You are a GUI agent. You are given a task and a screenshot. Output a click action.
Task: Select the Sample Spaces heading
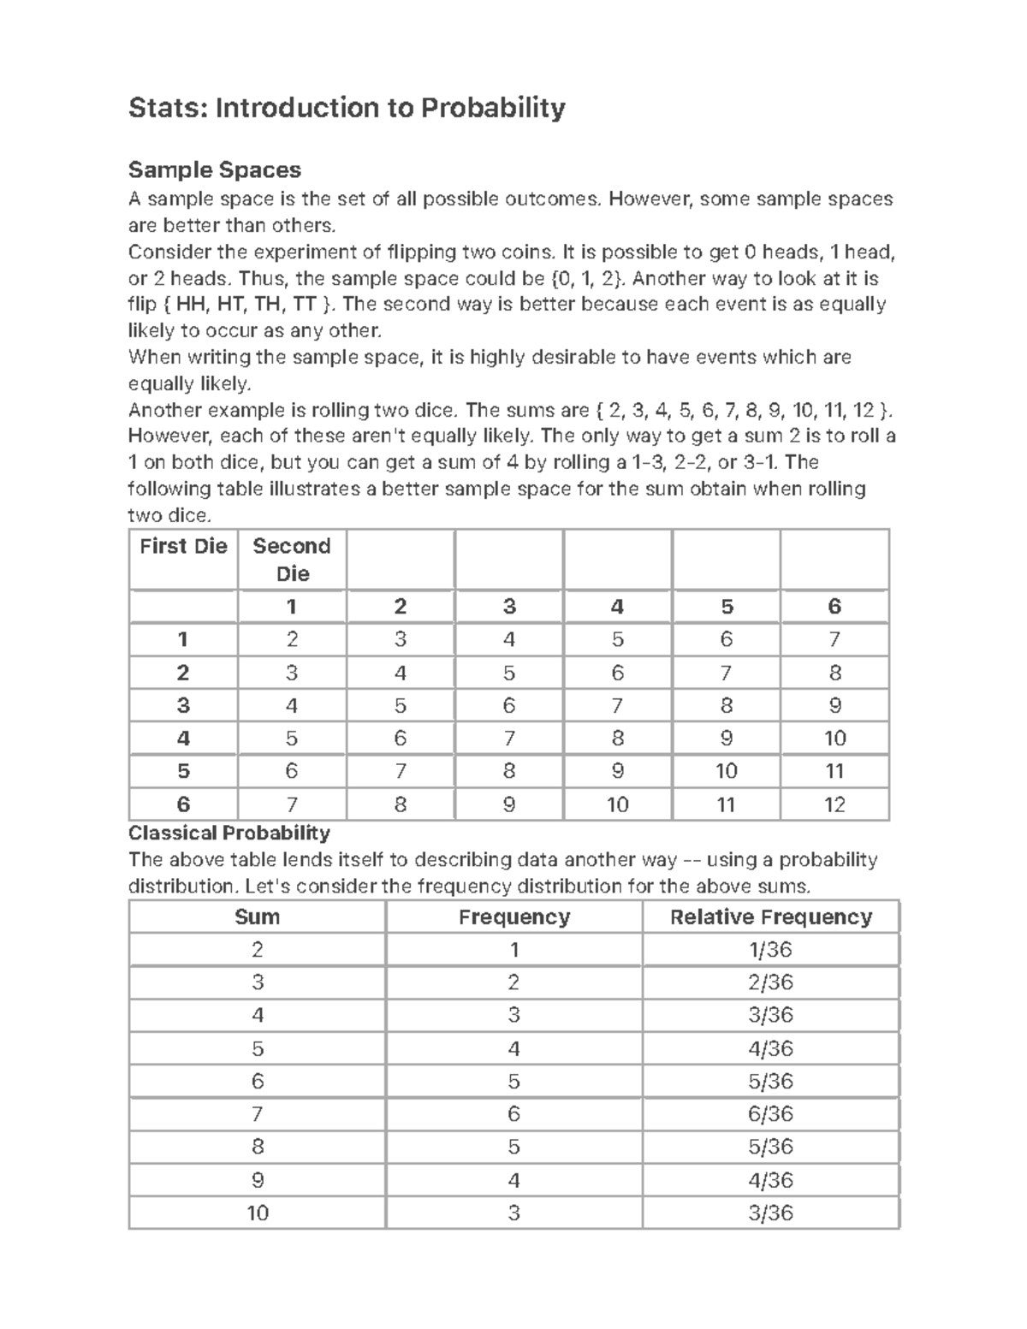click(x=214, y=170)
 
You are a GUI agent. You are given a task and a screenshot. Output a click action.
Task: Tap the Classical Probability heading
click(x=229, y=833)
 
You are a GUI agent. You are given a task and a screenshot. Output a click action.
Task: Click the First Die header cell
click(x=183, y=547)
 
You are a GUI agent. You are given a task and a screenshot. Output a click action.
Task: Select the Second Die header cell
click(x=292, y=560)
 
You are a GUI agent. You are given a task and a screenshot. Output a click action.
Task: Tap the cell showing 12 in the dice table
click(x=834, y=804)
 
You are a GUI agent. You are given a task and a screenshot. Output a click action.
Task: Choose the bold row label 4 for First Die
click(x=183, y=739)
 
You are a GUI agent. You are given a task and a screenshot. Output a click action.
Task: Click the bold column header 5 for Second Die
click(x=727, y=607)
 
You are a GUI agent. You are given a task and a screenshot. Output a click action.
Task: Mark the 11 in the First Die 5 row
click(x=834, y=771)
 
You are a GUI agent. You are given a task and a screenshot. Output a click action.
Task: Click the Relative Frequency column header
click(x=770, y=917)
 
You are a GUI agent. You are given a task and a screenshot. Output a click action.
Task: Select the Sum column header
click(x=257, y=917)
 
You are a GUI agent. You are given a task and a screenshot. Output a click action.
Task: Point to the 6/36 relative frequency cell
click(x=770, y=1114)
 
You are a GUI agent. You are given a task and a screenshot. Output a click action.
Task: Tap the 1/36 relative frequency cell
click(x=770, y=950)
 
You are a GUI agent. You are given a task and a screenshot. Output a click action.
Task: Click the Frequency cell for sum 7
click(x=513, y=1114)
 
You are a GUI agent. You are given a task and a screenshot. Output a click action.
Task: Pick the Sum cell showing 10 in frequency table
click(x=257, y=1213)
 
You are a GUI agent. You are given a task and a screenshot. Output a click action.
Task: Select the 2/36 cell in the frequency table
click(x=770, y=982)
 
